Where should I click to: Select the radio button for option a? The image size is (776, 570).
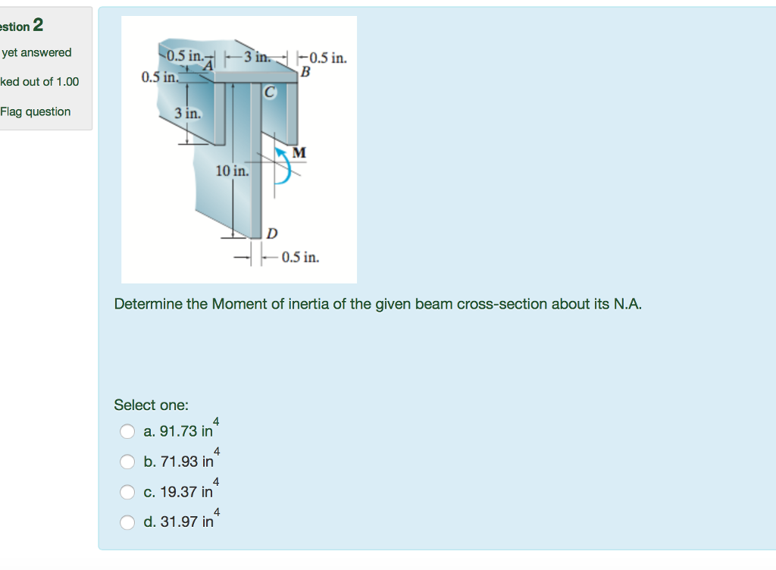127,431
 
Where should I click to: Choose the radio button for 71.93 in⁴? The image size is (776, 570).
127,462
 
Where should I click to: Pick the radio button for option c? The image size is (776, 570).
127,492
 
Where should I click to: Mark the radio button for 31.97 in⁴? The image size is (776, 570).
127,522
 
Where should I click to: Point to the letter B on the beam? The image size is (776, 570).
305,73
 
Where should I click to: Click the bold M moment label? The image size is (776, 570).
299,153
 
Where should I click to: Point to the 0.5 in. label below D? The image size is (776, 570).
300,258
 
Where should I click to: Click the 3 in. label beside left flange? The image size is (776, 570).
187,114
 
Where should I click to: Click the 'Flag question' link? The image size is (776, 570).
36,111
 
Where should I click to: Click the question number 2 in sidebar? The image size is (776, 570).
38,26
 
